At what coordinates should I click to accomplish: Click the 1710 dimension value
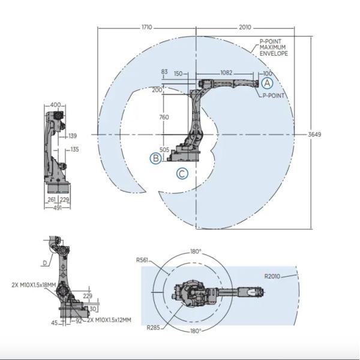click(146, 28)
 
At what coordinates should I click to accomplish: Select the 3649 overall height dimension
click(315, 134)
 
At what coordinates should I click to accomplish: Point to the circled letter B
click(155, 158)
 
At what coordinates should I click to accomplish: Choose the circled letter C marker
click(182, 174)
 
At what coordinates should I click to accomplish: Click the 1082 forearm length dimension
click(226, 73)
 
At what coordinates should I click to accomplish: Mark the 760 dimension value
click(164, 118)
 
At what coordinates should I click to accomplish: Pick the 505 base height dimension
click(164, 150)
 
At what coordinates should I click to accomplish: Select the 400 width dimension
click(55, 106)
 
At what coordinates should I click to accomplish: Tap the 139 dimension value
click(73, 136)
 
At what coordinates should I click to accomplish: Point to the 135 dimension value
click(74, 149)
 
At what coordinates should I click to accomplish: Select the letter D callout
click(44, 262)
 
